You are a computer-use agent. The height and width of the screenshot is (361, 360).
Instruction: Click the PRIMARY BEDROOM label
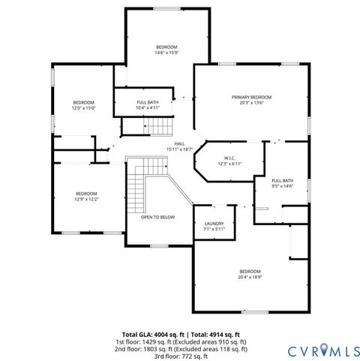pyautogui.click(x=251, y=98)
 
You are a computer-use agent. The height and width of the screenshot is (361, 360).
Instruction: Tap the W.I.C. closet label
pyautogui.click(x=229, y=158)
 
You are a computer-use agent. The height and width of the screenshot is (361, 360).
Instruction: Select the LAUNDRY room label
pyautogui.click(x=214, y=224)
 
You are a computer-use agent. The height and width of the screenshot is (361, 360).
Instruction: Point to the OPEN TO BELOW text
pyautogui.click(x=157, y=217)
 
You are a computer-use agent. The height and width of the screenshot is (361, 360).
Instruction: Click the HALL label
pyautogui.click(x=180, y=143)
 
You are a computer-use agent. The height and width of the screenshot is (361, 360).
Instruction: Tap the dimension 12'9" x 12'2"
pyautogui.click(x=87, y=199)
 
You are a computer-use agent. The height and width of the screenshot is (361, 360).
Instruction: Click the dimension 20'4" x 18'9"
pyautogui.click(x=250, y=277)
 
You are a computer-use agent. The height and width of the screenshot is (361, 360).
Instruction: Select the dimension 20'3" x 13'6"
pyautogui.click(x=251, y=104)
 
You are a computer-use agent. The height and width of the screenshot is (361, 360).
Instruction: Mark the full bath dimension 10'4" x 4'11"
pyautogui.click(x=148, y=108)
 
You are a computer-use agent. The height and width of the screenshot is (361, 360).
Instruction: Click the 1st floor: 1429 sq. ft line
pyautogui.click(x=180, y=341)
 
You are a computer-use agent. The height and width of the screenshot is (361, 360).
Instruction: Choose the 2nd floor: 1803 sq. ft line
pyautogui.click(x=180, y=349)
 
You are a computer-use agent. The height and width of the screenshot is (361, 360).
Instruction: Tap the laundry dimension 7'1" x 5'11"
pyautogui.click(x=214, y=230)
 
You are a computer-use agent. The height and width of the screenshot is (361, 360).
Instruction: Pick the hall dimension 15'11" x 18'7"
pyautogui.click(x=180, y=149)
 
